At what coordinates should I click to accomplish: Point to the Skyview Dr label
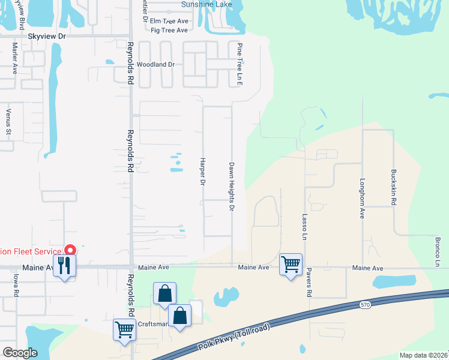pos(46,36)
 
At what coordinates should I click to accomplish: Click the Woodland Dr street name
pos(155,64)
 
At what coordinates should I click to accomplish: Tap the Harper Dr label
pos(202,172)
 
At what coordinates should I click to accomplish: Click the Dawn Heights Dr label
pos(231,186)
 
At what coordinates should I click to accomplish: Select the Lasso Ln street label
pos(305,227)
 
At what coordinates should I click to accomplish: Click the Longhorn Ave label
pos(362,197)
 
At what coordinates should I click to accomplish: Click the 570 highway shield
pos(366,305)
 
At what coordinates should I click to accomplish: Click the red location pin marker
pos(70,250)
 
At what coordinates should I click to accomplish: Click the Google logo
pos(20,353)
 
